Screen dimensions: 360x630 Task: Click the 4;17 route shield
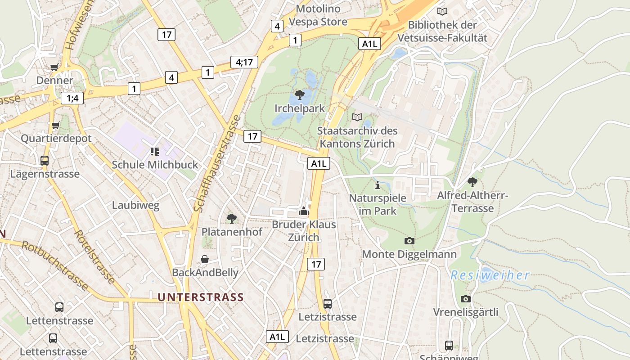click(244, 62)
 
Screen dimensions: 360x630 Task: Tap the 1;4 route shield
click(72, 98)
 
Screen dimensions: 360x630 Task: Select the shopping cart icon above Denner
click(54, 67)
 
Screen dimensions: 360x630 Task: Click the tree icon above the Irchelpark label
click(299, 95)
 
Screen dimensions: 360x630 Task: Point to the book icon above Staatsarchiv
click(357, 117)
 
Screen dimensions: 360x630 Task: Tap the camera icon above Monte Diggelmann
click(409, 241)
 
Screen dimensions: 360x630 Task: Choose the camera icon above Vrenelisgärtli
click(466, 299)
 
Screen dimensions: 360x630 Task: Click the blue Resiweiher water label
click(490, 275)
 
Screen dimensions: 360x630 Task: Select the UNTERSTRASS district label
click(201, 297)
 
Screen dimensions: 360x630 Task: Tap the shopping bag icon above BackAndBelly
click(205, 259)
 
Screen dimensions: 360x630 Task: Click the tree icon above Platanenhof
click(232, 219)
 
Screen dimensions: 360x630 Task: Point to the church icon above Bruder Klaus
click(304, 211)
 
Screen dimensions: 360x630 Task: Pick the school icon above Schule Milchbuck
click(155, 152)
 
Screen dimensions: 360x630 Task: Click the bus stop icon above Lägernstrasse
click(45, 160)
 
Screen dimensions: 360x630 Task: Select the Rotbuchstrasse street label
click(54, 265)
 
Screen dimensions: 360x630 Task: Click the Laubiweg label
click(135, 206)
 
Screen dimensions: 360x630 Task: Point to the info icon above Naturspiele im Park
click(378, 185)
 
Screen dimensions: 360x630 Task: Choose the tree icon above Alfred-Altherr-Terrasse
click(472, 182)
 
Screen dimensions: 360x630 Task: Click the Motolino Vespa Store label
click(318, 15)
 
